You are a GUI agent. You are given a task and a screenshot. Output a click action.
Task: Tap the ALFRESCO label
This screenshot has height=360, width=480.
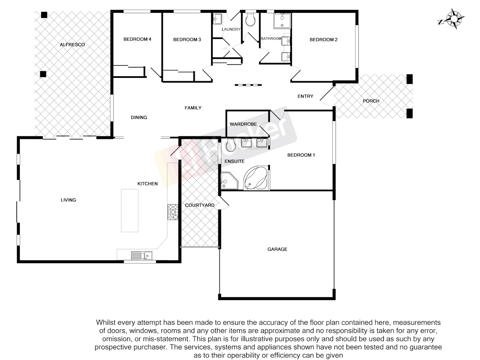(x=72, y=45)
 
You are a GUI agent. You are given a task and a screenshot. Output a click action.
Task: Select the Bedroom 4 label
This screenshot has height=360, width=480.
(x=137, y=39)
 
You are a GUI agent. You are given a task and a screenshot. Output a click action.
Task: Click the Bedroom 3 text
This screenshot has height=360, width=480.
(x=187, y=40)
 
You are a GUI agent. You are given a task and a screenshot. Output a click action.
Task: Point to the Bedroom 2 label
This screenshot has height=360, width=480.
(x=323, y=40)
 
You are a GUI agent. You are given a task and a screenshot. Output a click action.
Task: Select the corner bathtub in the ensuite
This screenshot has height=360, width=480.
(x=255, y=178)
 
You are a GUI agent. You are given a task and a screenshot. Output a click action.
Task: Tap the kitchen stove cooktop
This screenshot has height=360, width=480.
(x=173, y=212)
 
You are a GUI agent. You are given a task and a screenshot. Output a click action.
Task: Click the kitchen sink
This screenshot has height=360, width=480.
(x=142, y=256)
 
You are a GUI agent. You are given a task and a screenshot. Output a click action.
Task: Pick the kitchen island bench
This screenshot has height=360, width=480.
(x=130, y=210)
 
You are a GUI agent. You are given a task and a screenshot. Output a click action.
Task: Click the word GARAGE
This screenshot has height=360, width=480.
(x=277, y=249)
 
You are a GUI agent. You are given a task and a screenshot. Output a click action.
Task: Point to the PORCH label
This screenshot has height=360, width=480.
(x=371, y=101)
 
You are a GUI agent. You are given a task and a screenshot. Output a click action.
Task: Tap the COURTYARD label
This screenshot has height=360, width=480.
(x=200, y=205)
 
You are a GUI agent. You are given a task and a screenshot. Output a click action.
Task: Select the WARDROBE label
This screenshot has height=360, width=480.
(x=243, y=124)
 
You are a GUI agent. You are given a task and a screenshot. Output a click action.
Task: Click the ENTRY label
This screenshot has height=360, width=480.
(x=305, y=96)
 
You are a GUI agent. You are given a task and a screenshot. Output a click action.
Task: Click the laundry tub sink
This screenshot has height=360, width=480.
(x=217, y=19)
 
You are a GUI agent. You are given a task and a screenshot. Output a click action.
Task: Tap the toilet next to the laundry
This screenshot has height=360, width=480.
(x=250, y=20)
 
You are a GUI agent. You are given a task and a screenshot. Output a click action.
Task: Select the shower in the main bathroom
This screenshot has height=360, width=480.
(x=282, y=21)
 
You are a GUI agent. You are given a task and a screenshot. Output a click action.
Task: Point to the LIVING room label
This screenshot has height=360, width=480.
(x=68, y=200)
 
